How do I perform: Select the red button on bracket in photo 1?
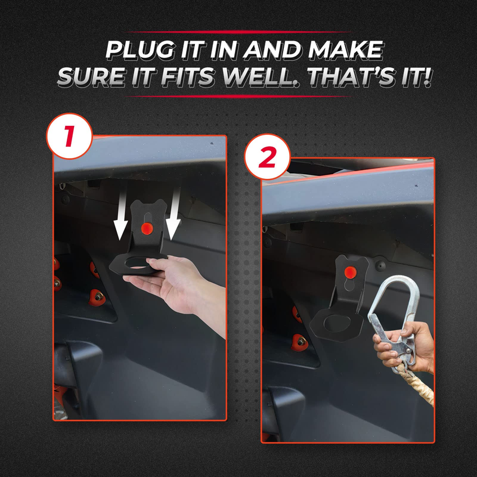click(145, 228)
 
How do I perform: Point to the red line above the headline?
click(238, 32)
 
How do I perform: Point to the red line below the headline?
click(238, 96)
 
